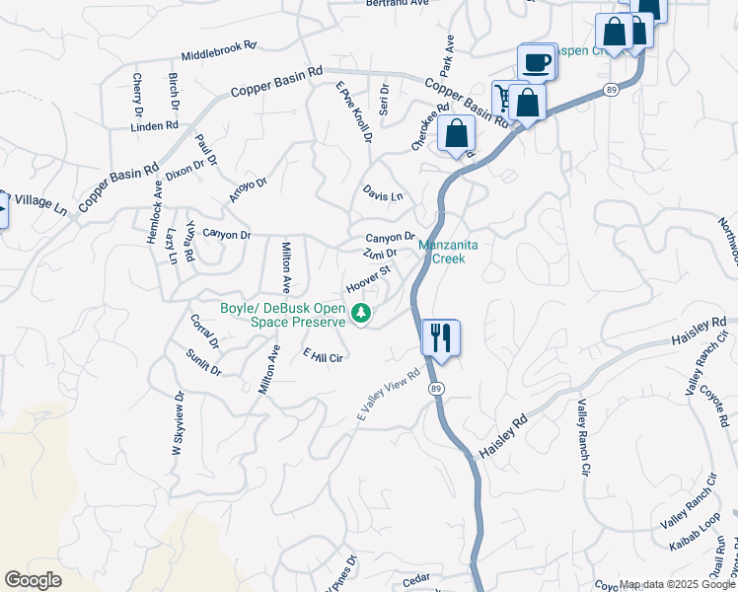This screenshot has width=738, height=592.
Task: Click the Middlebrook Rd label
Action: click(218, 51)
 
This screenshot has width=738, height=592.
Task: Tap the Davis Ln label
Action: click(383, 195)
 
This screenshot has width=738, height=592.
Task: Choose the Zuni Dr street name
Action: click(379, 255)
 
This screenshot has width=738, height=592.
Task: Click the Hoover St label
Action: click(369, 278)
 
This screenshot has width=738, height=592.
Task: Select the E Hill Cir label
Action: click(322, 356)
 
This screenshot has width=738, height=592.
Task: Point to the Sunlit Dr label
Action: click(204, 361)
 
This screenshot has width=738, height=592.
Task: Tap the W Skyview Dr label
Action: click(179, 423)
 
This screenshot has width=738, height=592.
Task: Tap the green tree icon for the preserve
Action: click(362, 315)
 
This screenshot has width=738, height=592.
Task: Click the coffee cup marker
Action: click(536, 62)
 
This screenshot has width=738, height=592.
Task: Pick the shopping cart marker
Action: click(503, 97)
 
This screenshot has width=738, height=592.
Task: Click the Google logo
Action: click(33, 580)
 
